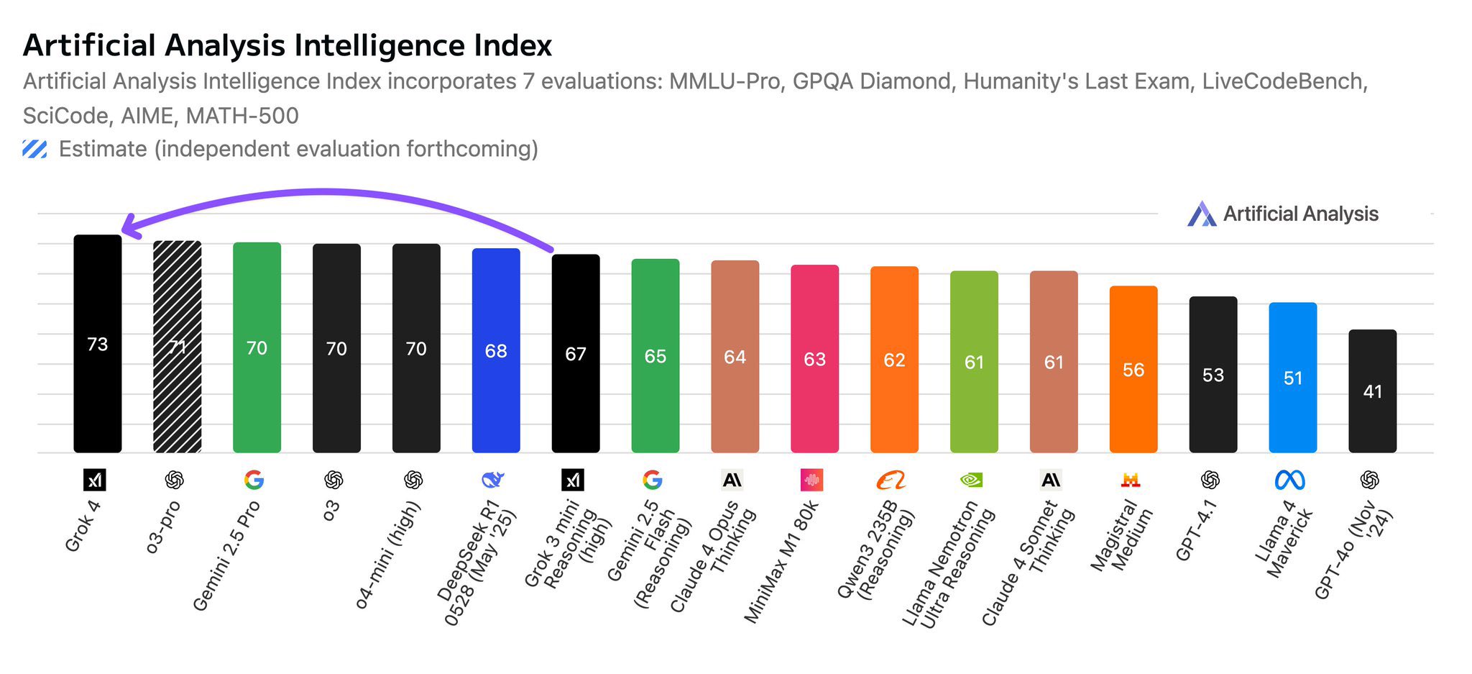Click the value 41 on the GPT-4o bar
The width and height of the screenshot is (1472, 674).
point(1372,391)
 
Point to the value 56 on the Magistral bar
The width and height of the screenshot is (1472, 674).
point(1133,370)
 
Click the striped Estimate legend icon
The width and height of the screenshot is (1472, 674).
point(34,149)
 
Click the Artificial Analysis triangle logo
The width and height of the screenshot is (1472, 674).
point(1201,214)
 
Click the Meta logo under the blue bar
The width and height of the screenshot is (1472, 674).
point(1289,480)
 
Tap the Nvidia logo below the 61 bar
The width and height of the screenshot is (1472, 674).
point(971,480)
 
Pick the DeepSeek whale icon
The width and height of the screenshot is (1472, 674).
point(492,480)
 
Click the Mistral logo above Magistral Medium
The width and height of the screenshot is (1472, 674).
point(1131,480)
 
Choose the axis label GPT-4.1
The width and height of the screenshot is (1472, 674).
point(1196,530)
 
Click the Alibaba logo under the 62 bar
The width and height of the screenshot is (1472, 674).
point(891,480)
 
